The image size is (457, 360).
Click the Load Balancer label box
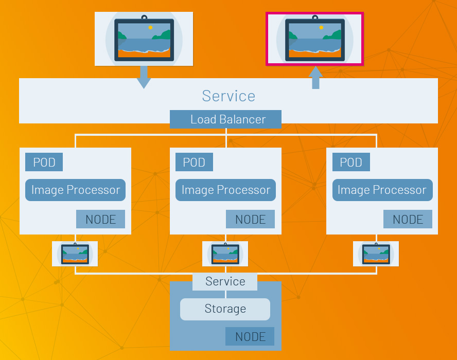point(225,119)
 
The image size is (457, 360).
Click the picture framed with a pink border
point(314,39)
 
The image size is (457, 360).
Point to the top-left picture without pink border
point(144,39)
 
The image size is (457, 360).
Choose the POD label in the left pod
point(44,163)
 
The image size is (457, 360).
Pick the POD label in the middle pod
point(194,163)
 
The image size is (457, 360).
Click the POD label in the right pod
point(351,163)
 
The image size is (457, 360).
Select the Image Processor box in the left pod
point(75,190)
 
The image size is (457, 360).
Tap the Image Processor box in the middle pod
point(225,190)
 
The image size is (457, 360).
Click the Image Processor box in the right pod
point(382,190)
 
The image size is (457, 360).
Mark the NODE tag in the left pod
point(100,220)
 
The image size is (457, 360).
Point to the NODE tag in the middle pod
point(250,220)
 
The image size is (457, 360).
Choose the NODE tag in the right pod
point(408,220)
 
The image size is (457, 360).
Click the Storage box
point(225,309)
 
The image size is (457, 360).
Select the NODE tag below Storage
point(250,337)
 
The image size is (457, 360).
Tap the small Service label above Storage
point(225,281)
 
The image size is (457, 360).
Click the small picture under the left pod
point(75,254)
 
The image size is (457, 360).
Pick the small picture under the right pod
point(376,254)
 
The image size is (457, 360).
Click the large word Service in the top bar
point(228,96)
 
